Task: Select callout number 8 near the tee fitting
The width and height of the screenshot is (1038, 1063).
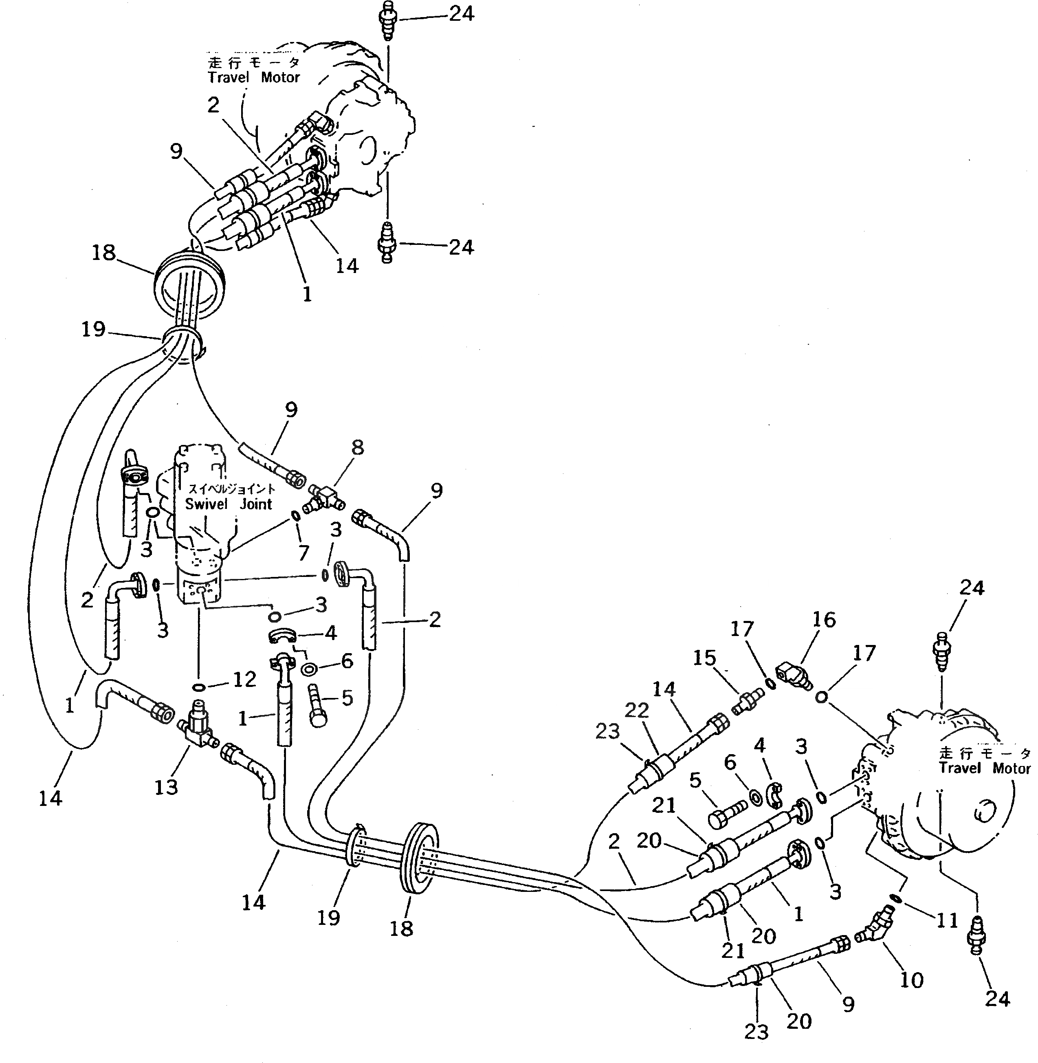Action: point(357,448)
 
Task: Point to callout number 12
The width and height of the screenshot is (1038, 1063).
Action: point(245,679)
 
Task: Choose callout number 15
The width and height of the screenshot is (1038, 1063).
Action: point(704,658)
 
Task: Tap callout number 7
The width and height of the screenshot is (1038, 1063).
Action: point(303,553)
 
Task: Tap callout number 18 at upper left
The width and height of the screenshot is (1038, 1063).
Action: point(103,253)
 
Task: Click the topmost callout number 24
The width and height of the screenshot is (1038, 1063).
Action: point(461,13)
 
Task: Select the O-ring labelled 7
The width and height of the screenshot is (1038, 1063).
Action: point(295,515)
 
